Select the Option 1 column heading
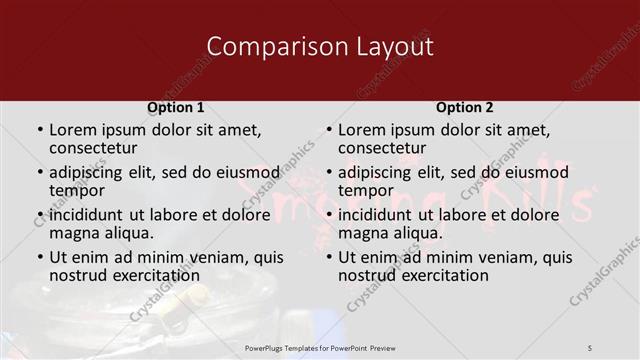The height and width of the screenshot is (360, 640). [176, 107]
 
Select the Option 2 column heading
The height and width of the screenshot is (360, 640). [465, 107]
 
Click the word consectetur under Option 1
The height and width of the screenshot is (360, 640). [92, 148]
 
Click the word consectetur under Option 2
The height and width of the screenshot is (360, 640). [381, 148]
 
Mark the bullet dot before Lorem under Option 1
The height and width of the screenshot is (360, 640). [39, 131]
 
